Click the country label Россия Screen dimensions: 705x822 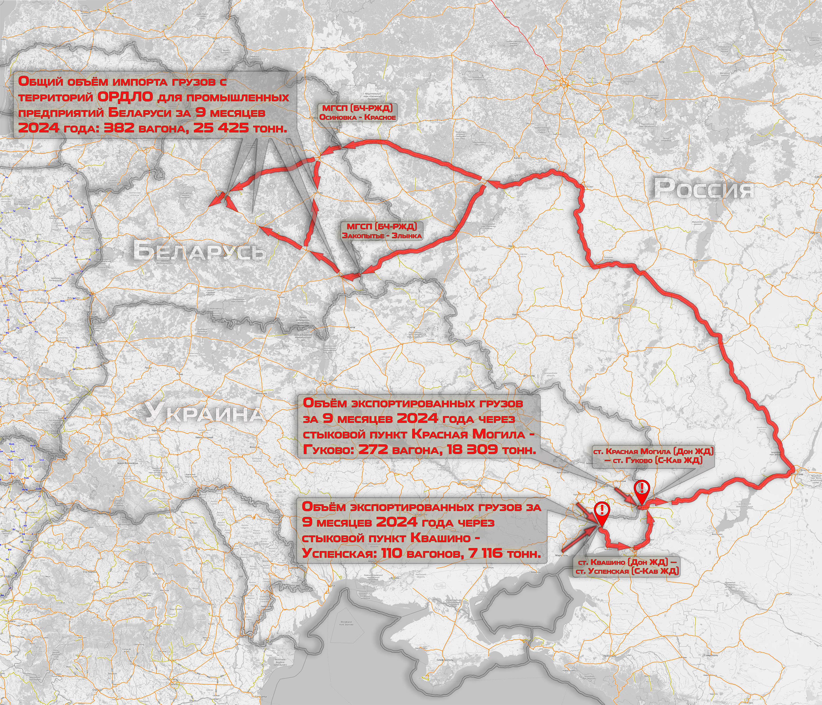pos(703,188)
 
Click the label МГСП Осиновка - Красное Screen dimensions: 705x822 pos(358,113)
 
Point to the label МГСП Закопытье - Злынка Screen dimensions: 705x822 pos(382,231)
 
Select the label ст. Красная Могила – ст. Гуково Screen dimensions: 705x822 pos(653,456)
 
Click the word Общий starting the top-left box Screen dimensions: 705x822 pos(40,82)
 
